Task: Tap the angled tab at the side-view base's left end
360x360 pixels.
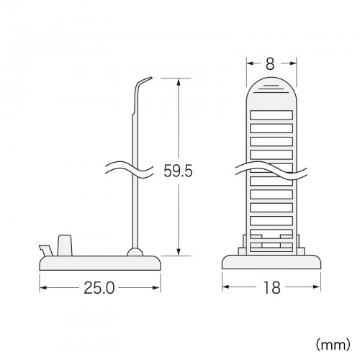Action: [x=46, y=249]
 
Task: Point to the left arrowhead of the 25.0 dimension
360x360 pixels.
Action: [x=42, y=288]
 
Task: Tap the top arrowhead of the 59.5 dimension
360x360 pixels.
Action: [x=177, y=80]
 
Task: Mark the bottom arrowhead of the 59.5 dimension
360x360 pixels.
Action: [x=177, y=253]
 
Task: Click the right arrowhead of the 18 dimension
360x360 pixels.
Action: [x=318, y=288]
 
